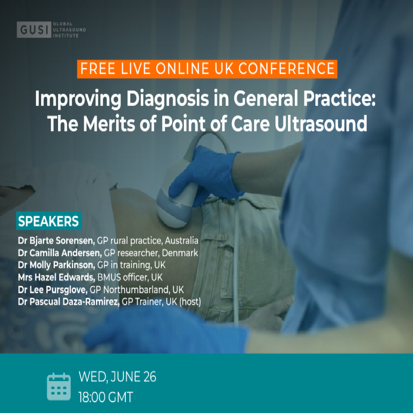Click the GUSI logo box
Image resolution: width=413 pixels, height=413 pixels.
point(34,29)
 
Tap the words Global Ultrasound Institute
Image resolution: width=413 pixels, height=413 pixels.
point(69,30)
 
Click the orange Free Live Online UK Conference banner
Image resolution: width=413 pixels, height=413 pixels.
point(207,69)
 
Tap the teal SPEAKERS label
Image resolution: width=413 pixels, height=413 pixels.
point(49,221)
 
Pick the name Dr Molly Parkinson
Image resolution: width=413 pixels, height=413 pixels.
point(56,265)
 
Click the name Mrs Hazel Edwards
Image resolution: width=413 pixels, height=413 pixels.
point(56,277)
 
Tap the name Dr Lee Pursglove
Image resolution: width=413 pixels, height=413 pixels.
point(52,290)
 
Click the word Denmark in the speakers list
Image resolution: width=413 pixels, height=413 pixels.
point(180,253)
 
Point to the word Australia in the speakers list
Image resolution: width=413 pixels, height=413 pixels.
point(182,241)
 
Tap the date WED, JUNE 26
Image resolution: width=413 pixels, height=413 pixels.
point(117,377)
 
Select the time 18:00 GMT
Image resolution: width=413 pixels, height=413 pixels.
point(106,397)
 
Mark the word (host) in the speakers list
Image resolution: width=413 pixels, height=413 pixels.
point(190,302)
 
